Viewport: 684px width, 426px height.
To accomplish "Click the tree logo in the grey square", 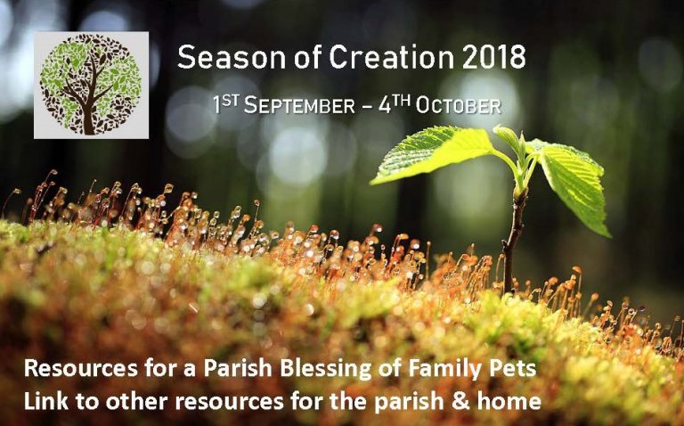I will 88,84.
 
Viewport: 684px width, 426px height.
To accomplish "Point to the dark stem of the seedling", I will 511,241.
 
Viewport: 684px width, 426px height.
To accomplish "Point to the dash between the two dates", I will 369,107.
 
